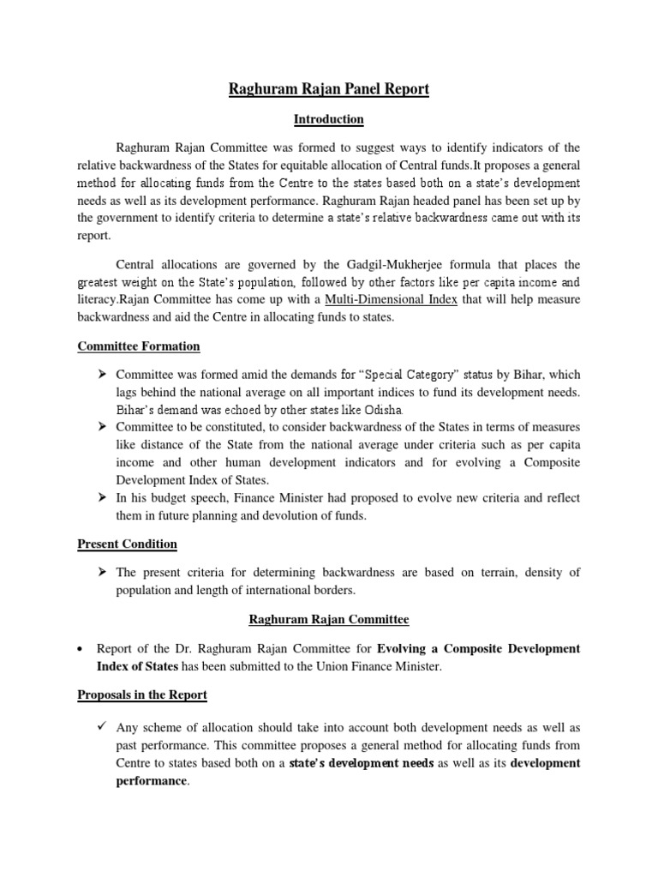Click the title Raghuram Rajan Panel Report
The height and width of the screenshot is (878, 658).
pos(329,88)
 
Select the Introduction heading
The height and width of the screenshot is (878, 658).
pos(329,119)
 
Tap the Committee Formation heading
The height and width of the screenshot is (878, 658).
pos(139,346)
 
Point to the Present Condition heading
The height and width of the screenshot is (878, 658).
pos(128,544)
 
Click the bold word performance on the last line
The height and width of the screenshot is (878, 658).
pos(151,782)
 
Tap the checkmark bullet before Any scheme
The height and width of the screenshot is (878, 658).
pos(101,724)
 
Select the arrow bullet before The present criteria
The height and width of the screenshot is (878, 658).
pos(101,573)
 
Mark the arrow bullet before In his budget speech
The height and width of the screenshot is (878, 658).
pos(101,497)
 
